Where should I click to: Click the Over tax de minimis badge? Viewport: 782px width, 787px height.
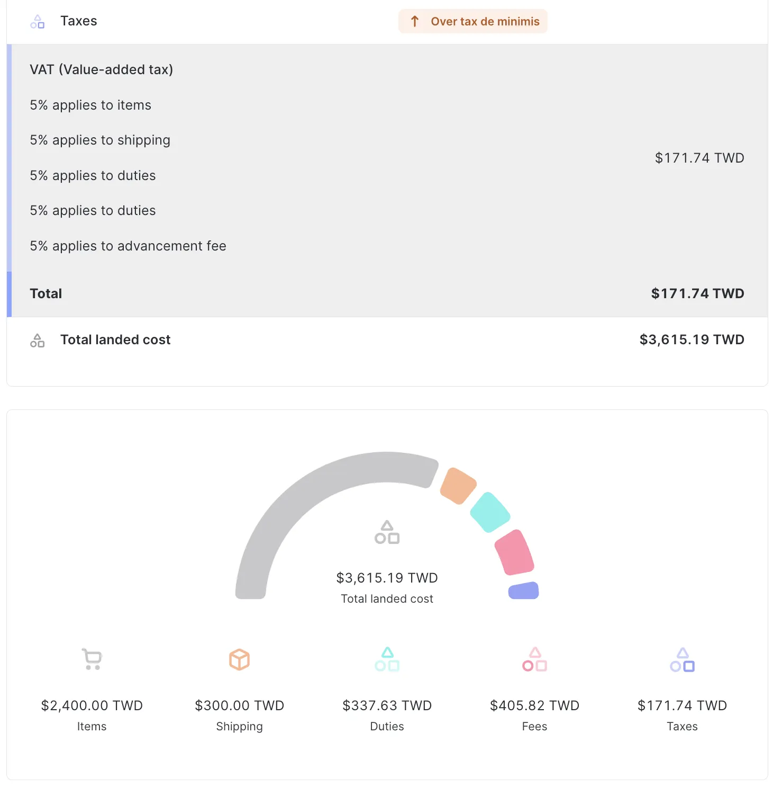pos(473,21)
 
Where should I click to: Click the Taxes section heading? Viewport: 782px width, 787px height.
pos(78,21)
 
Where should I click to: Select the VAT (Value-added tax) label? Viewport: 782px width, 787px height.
pos(101,69)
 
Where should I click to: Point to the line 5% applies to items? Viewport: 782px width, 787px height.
pos(90,105)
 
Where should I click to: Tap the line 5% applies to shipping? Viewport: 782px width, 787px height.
pos(100,140)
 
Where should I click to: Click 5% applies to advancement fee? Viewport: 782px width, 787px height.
pos(128,246)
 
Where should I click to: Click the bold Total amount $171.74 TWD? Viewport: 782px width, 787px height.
pos(697,293)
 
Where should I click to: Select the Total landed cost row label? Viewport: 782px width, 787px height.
pos(115,339)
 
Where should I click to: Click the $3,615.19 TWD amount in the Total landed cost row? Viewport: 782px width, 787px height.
pos(692,339)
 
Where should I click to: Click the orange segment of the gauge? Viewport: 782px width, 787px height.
pos(458,486)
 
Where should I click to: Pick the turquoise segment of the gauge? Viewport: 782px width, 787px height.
pos(490,512)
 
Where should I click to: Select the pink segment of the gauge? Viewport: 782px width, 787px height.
pos(514,552)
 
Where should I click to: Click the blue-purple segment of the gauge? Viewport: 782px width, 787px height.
pos(523,591)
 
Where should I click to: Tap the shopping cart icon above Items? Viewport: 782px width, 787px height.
pos(92,659)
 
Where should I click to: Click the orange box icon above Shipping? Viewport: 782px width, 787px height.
pos(239,659)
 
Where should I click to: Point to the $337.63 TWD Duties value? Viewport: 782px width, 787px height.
pos(387,705)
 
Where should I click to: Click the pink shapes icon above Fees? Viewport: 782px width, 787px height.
pos(534,659)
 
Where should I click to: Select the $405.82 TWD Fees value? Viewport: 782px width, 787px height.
pos(534,705)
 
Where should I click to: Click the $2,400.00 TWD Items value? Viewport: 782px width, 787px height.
pos(92,705)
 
